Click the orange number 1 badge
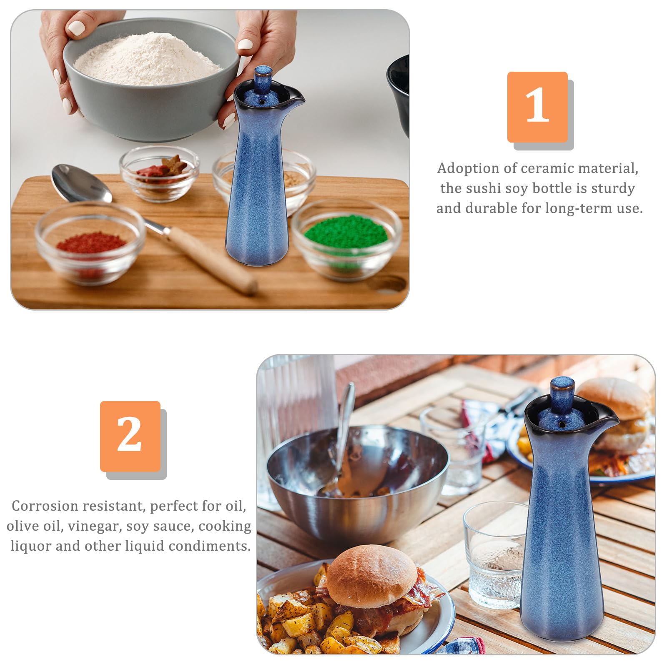537,107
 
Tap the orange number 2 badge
130,436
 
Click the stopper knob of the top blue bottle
263,76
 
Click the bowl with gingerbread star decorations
159,173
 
